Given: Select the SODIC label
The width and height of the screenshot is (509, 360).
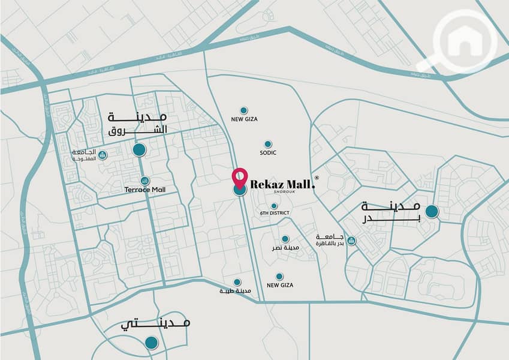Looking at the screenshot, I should click(x=268, y=154).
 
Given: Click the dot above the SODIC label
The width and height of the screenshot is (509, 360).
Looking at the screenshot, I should click(x=268, y=144).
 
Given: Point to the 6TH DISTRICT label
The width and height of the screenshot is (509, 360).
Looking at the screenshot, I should click(x=275, y=214).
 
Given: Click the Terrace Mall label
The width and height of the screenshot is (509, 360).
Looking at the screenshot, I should click(x=144, y=190).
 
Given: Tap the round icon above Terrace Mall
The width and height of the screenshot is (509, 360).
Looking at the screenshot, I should click(x=144, y=181).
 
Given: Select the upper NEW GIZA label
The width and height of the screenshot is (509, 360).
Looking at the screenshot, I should click(x=244, y=119).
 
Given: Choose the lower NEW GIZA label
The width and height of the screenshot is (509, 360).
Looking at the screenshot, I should click(x=279, y=285).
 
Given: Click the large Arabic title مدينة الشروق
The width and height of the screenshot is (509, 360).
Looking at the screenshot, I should click(x=137, y=122).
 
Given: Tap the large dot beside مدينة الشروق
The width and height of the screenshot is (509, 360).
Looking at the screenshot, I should click(x=139, y=149).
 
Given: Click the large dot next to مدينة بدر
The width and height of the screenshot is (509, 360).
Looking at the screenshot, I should click(x=431, y=211).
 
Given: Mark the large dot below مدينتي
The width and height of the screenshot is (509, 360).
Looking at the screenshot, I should click(x=152, y=343).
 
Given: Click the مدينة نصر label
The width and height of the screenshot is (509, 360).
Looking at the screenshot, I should click(x=286, y=248).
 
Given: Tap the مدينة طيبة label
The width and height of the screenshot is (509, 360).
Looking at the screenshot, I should click(x=235, y=291).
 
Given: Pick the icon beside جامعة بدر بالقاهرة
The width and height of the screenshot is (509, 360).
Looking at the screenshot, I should click(x=351, y=241).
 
